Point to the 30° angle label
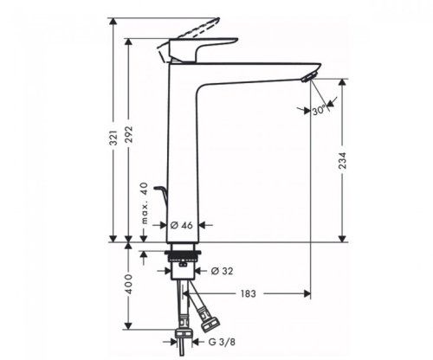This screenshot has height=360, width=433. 322,112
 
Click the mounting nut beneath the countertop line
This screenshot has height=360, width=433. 184,257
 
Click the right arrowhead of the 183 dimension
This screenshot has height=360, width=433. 307,295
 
